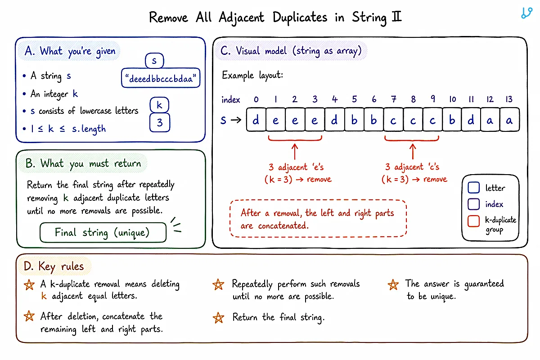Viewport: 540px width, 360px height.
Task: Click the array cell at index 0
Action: point(256,120)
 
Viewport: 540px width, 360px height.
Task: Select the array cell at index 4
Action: point(334,120)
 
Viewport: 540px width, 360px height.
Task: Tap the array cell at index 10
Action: point(452,120)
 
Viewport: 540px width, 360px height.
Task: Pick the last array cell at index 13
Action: point(509,120)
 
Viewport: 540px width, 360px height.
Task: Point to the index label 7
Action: point(394,99)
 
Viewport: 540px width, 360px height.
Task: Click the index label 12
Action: point(490,99)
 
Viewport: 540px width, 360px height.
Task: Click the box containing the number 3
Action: point(160,122)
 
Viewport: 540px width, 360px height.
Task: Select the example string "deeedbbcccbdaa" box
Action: point(161,78)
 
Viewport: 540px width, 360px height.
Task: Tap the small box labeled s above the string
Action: point(154,60)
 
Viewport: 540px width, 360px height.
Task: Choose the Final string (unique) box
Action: point(103,233)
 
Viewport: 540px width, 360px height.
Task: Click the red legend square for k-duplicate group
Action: point(473,221)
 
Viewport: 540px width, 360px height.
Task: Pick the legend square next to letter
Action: point(473,188)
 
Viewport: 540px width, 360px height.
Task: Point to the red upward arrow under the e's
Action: point(295,152)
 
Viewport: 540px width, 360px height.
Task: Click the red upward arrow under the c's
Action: point(413,152)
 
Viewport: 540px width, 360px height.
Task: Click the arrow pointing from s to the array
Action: point(236,120)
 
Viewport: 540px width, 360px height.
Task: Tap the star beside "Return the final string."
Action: point(218,318)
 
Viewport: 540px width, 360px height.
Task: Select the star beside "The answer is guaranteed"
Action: point(393,284)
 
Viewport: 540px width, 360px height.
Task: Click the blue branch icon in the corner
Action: point(527,13)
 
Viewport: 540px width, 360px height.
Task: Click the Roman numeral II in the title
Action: point(397,17)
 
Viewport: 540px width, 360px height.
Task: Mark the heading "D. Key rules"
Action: point(54,266)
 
